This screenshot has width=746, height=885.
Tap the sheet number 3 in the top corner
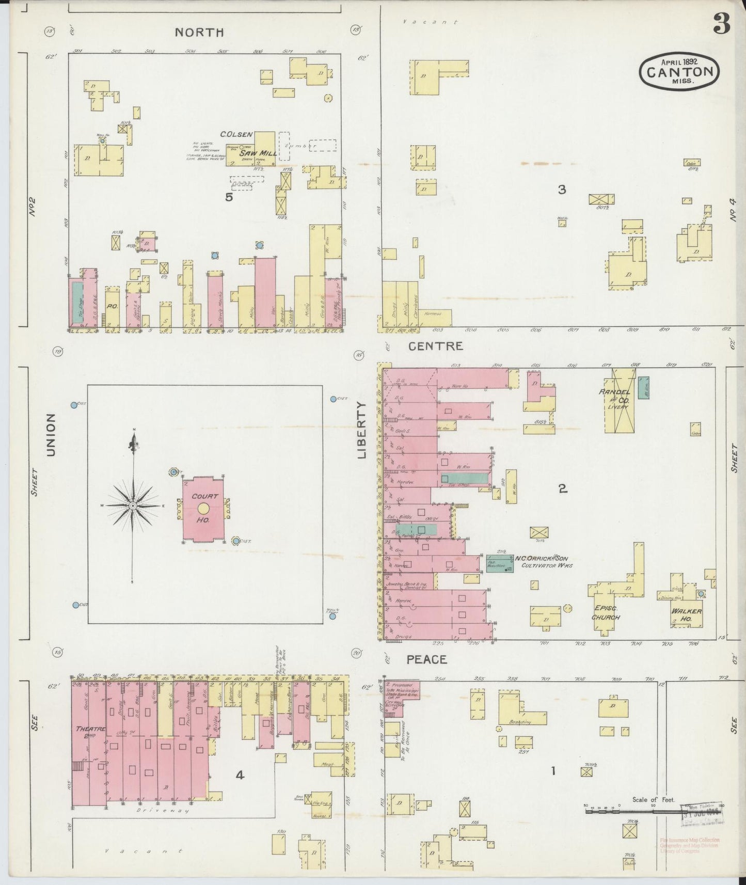721,24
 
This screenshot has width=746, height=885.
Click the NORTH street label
199,33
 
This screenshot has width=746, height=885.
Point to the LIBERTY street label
361,430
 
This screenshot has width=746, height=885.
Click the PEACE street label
426,659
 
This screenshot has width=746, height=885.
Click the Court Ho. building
204,509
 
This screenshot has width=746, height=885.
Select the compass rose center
133,505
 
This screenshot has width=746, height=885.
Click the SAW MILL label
261,153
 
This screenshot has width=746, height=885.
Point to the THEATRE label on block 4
90,729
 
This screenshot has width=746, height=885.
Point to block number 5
229,197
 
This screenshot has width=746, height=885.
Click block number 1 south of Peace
553,771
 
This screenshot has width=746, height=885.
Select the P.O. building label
112,306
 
